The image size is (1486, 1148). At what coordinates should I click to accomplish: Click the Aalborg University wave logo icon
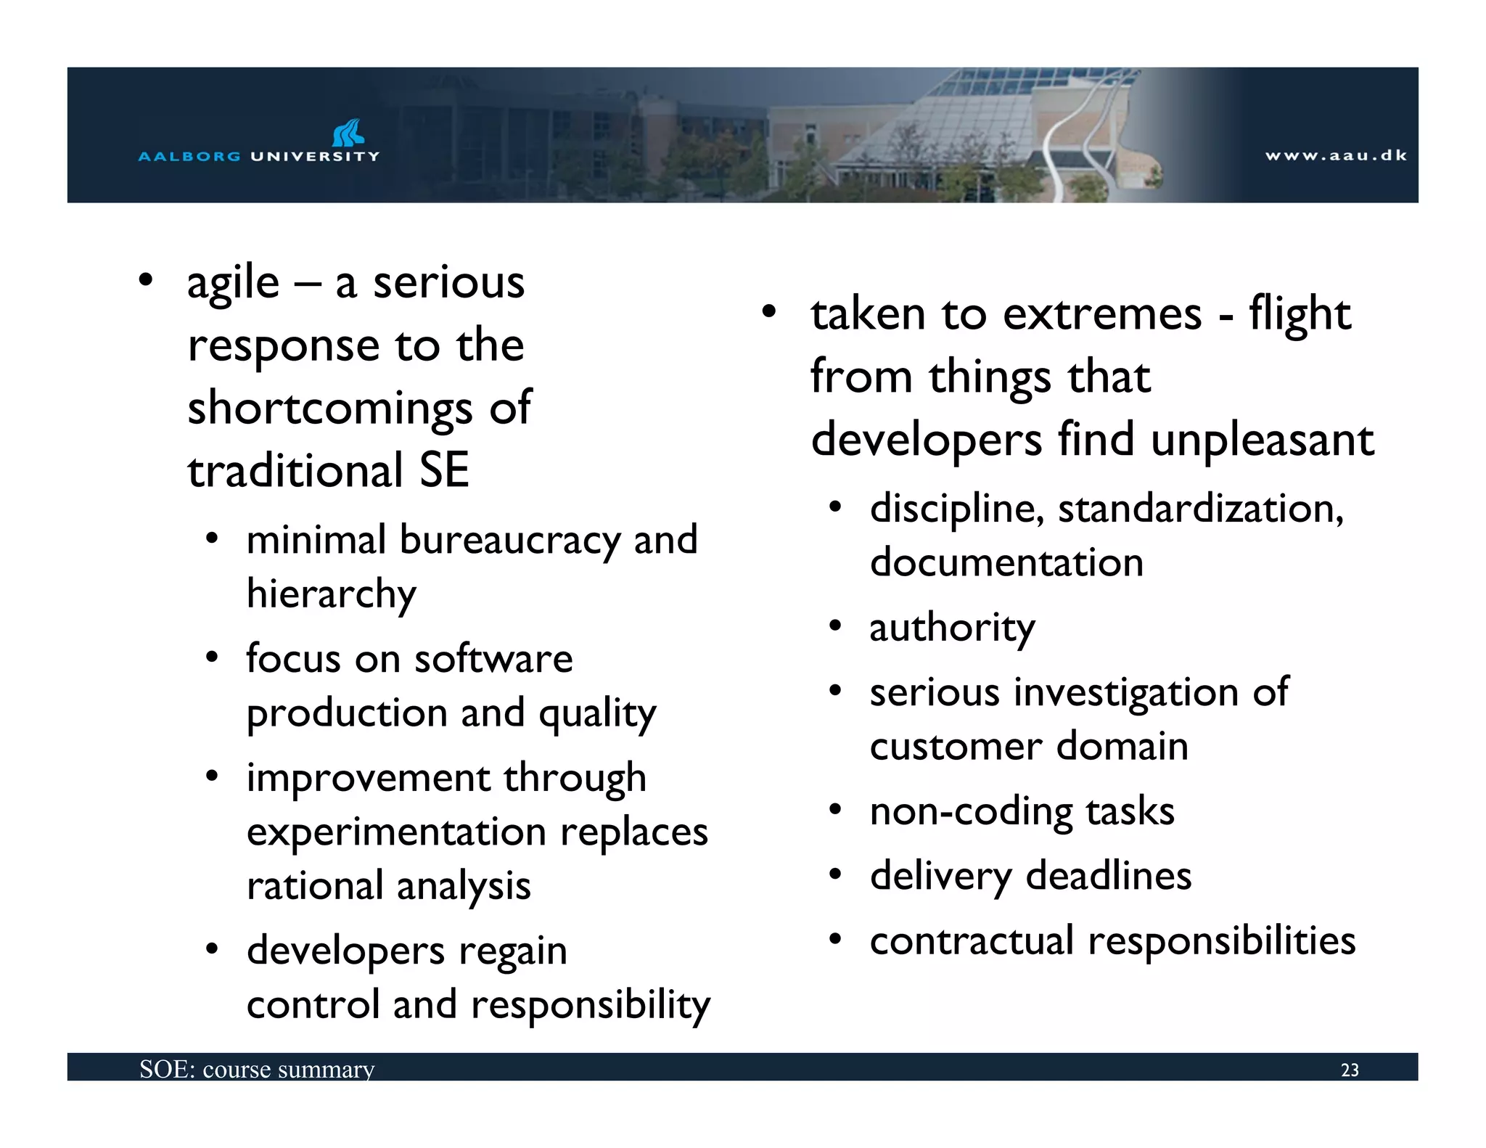[x=348, y=133]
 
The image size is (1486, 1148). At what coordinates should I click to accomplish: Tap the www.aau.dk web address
[x=1336, y=155]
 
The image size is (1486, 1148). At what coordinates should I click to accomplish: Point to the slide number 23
[x=1350, y=1070]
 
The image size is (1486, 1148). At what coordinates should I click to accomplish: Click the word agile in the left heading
[x=233, y=284]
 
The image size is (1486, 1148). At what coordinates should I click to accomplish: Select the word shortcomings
[x=330, y=409]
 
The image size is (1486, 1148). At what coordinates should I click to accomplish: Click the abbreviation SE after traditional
[x=443, y=470]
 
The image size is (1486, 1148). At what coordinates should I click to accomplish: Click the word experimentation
[x=396, y=832]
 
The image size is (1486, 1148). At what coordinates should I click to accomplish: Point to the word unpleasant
[x=1263, y=440]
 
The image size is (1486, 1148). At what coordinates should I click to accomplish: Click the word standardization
[x=1200, y=508]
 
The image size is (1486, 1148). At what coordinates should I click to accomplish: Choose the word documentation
[x=1006, y=562]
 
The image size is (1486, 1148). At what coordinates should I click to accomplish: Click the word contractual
[x=972, y=941]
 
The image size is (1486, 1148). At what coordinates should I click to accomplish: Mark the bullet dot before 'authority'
[x=836, y=626]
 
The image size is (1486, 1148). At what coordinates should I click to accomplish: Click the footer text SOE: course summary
[x=257, y=1070]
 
